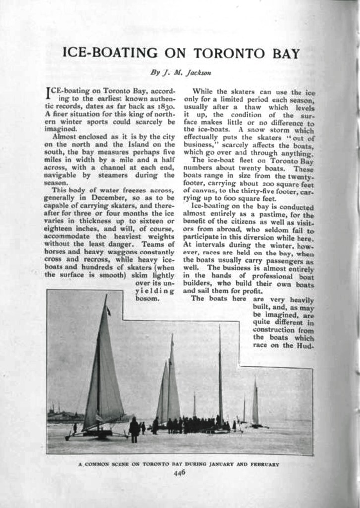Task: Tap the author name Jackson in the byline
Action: [x=199, y=72]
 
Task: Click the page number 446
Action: [x=179, y=473]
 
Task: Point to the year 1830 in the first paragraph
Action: [x=164, y=106]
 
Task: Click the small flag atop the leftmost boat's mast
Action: [x=108, y=311]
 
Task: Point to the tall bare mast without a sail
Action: [x=220, y=372]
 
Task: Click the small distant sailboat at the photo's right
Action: [x=255, y=404]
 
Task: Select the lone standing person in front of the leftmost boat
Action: [x=134, y=430]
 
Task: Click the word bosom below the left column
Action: [x=147, y=299]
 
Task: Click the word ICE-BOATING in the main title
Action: [x=110, y=53]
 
